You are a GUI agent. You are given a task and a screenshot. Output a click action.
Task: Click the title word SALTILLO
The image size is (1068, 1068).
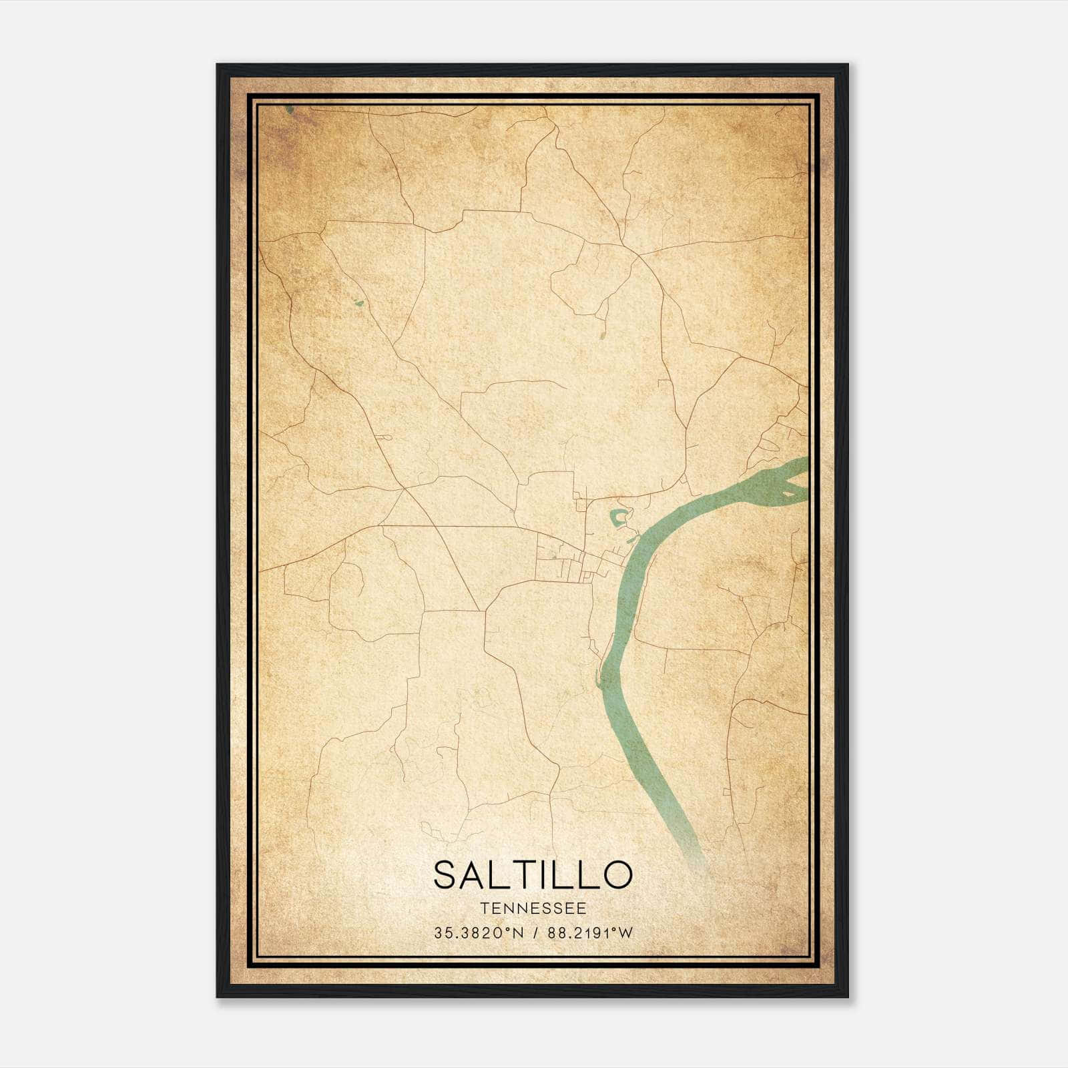[532, 875]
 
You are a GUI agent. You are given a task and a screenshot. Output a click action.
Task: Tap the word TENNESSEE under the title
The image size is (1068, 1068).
[533, 908]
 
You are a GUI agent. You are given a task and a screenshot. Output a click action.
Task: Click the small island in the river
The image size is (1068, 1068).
[790, 494]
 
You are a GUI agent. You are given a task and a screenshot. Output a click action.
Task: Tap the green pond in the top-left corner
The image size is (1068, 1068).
[288, 108]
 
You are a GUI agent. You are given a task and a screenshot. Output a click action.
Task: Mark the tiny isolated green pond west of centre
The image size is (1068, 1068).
[359, 304]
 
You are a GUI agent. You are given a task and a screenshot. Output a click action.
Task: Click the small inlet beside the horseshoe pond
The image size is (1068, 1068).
[631, 537]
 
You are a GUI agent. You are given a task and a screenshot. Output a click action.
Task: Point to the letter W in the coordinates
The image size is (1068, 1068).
[625, 933]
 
